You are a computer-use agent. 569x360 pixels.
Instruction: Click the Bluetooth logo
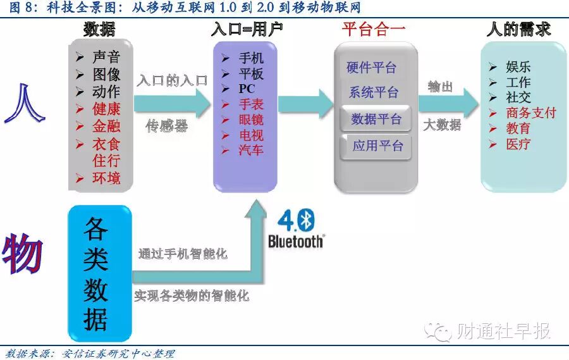click(296, 228)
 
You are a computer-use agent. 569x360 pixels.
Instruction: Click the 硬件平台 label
click(372, 68)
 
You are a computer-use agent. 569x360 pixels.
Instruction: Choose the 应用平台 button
click(378, 146)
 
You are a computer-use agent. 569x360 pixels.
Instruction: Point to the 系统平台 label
click(374, 92)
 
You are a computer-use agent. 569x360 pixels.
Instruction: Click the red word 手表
click(251, 104)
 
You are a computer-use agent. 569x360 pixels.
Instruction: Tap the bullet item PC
click(247, 89)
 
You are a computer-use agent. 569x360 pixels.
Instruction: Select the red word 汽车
click(251, 150)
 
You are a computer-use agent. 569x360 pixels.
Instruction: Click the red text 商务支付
click(531, 113)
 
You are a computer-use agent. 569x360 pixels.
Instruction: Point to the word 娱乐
click(518, 67)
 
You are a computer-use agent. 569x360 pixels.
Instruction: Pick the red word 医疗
click(518, 144)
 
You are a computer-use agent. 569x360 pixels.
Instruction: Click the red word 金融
click(106, 125)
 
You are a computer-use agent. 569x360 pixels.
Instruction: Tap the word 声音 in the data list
click(106, 58)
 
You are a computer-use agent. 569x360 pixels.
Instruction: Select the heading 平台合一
click(374, 29)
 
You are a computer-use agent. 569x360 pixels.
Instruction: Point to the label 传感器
click(167, 126)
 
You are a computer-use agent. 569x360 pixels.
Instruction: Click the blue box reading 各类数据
click(99, 274)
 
